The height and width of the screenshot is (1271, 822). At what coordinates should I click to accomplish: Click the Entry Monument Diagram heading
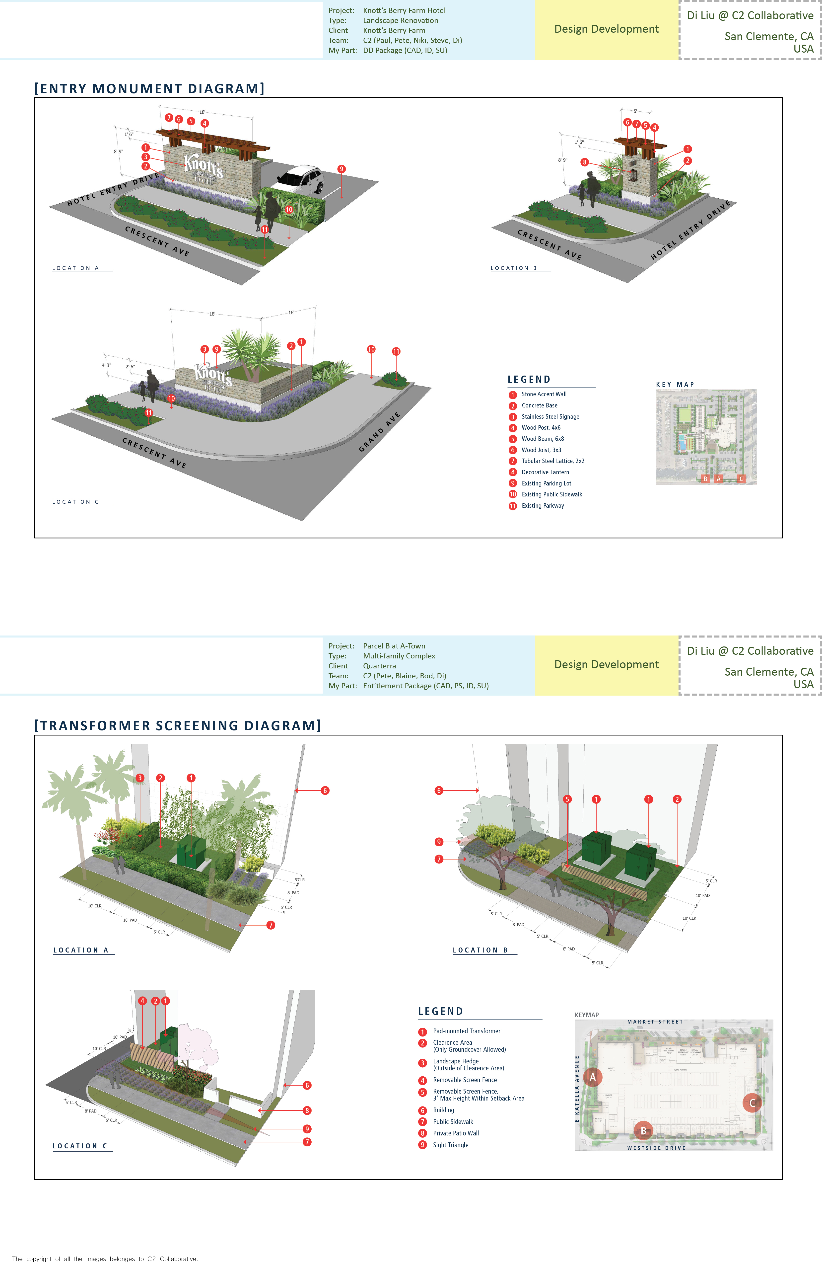click(x=149, y=89)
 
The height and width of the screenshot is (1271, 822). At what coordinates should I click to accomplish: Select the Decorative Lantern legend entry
click(x=545, y=472)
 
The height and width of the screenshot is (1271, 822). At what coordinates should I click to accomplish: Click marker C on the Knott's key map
click(x=741, y=479)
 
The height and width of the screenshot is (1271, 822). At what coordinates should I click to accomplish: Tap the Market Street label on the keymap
click(x=655, y=1022)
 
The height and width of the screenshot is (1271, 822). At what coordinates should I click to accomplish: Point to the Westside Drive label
click(x=656, y=1148)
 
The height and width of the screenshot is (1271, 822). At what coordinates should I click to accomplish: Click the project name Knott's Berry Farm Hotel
click(x=404, y=11)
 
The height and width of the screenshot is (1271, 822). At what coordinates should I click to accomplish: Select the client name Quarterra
click(x=380, y=666)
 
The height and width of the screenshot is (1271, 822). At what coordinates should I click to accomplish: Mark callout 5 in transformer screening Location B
click(x=567, y=799)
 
